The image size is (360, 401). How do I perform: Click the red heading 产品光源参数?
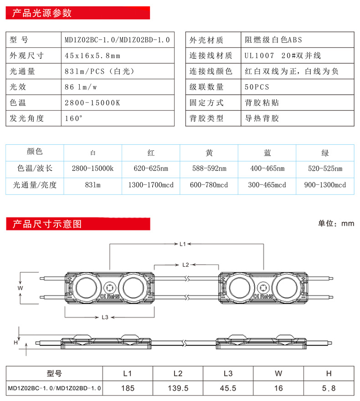(x=42, y=13)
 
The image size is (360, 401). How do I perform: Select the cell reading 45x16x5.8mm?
(x=93, y=56)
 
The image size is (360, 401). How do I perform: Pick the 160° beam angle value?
(x=74, y=118)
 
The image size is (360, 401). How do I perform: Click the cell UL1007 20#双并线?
(x=283, y=56)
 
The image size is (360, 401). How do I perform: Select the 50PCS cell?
(x=257, y=86)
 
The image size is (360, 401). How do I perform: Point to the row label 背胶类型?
(x=206, y=118)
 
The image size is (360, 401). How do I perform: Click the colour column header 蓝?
(x=267, y=153)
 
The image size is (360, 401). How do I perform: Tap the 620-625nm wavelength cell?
(x=151, y=169)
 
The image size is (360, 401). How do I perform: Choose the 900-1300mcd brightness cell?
(x=325, y=185)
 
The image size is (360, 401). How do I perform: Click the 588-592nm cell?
(x=209, y=169)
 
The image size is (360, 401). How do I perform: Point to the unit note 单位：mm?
(x=336, y=223)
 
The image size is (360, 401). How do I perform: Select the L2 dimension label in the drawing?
(x=185, y=264)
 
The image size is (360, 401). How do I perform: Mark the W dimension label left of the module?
(x=20, y=288)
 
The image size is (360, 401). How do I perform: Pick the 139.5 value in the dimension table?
(x=178, y=388)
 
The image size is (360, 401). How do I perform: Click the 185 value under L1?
(x=128, y=388)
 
